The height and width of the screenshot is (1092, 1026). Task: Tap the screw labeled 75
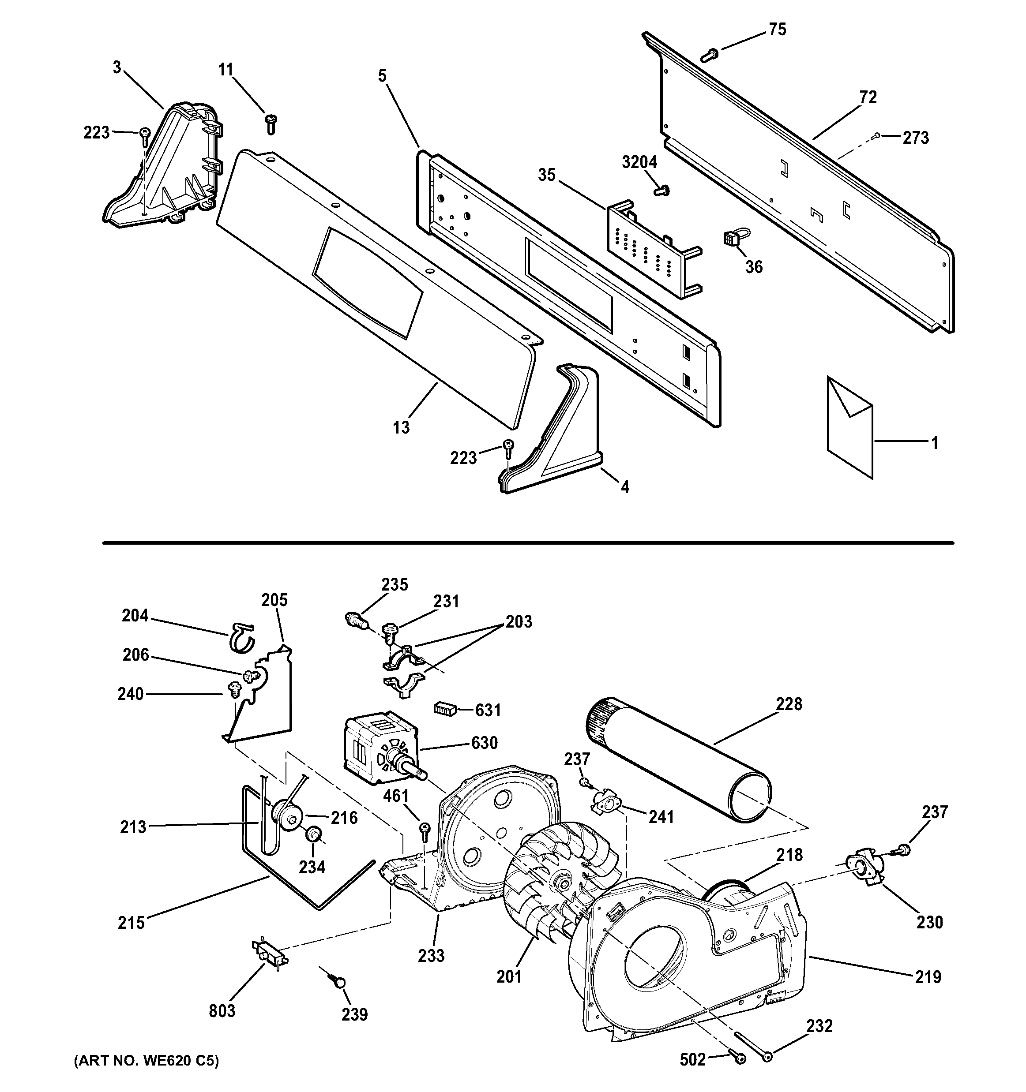[710, 53]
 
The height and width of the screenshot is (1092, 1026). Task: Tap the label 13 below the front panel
[401, 427]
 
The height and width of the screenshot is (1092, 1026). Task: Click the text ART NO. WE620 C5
[146, 1060]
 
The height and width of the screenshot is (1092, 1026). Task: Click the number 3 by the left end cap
[117, 67]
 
